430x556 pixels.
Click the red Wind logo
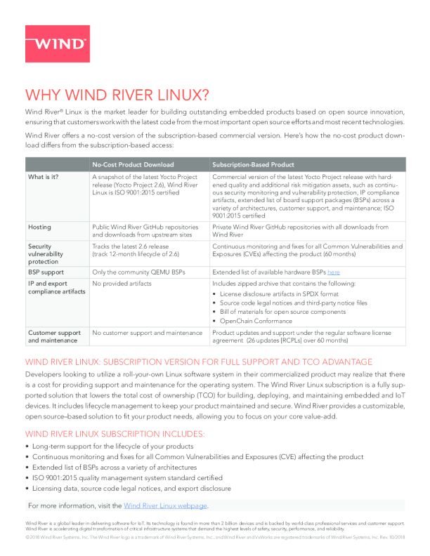point(57,43)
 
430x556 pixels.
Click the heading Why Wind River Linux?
point(117,95)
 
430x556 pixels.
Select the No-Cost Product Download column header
point(133,164)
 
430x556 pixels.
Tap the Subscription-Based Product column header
point(253,164)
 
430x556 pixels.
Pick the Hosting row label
point(39,227)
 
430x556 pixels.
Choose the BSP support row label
point(46,271)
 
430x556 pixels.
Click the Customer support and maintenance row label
point(54,336)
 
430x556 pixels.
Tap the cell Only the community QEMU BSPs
point(138,271)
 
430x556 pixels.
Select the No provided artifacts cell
point(122,283)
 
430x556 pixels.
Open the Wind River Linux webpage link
point(166,505)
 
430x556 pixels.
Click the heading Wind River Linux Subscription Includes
point(115,434)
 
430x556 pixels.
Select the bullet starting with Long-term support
point(112,446)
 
